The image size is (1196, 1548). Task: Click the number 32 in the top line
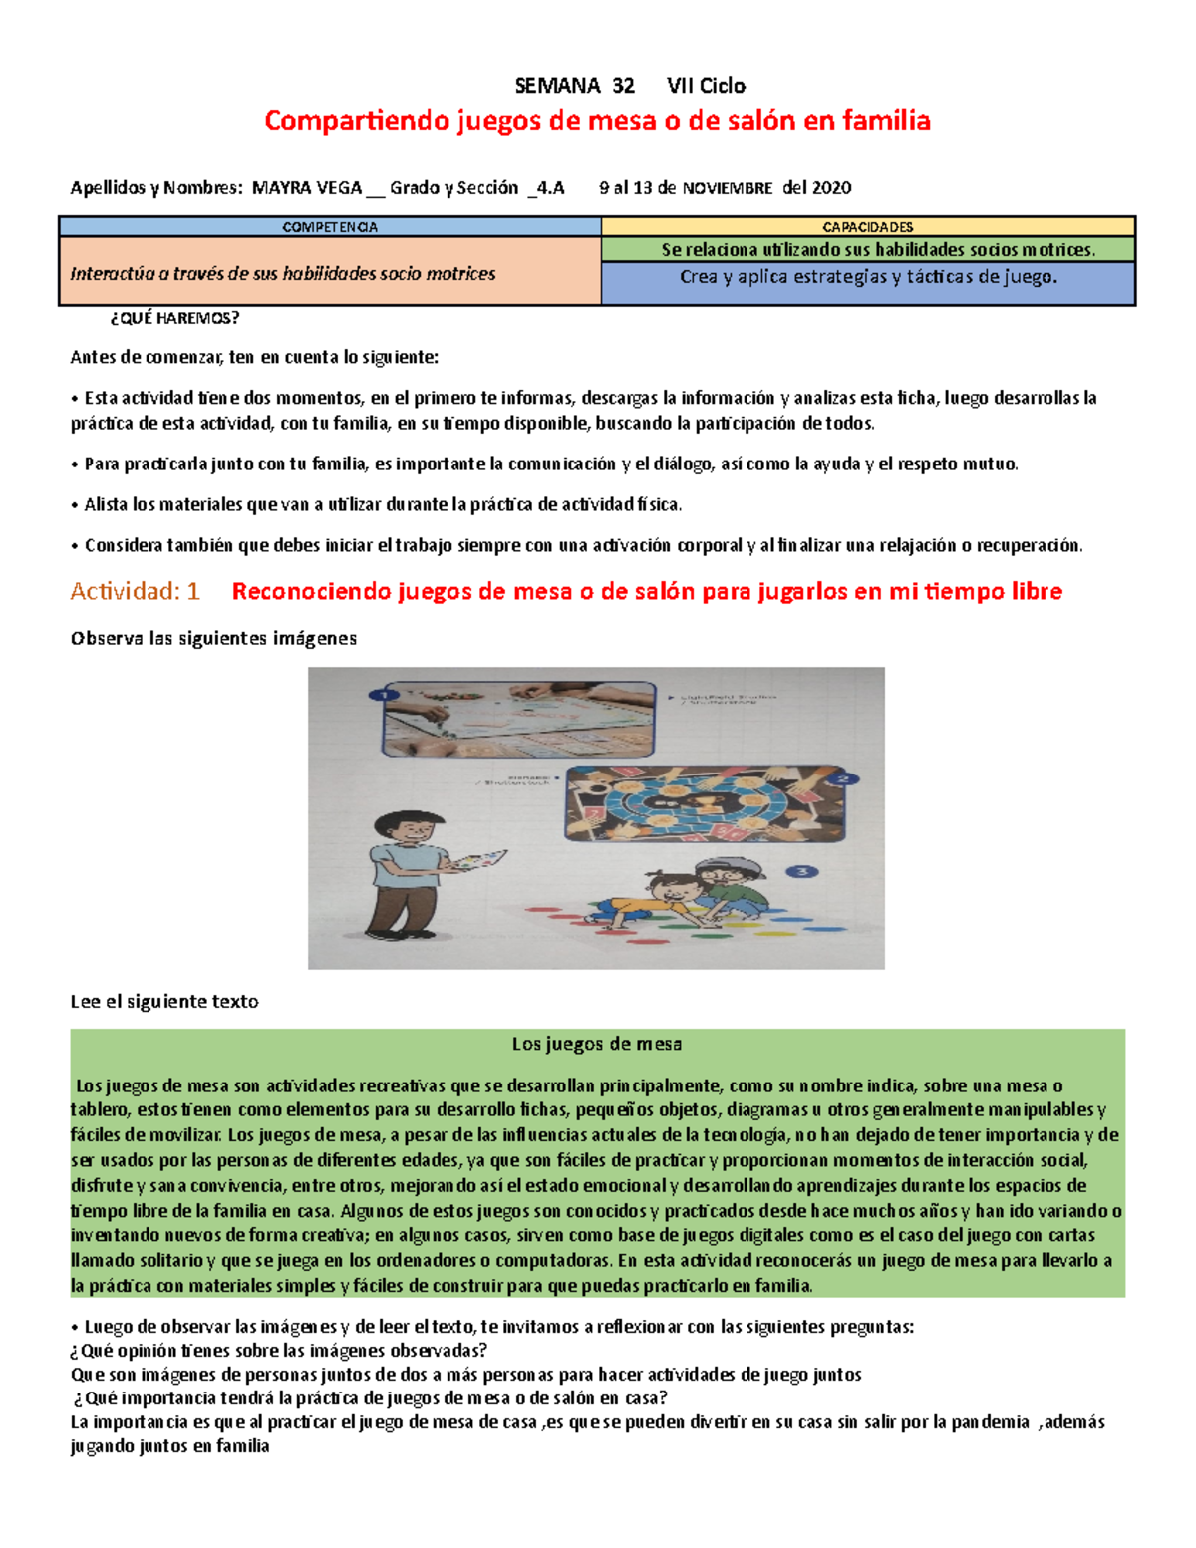(623, 86)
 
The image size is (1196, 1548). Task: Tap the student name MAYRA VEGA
(307, 188)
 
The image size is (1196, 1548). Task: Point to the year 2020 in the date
(831, 188)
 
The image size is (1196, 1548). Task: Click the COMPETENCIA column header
(330, 227)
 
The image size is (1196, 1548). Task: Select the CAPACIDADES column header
(867, 227)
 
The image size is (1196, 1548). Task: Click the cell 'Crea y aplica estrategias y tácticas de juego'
(867, 278)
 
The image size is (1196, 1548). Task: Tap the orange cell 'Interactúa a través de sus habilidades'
(283, 274)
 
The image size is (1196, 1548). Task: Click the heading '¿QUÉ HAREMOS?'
(174, 319)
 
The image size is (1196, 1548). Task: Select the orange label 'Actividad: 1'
(135, 592)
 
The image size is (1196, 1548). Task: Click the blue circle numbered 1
(382, 694)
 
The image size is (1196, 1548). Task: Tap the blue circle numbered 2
(843, 778)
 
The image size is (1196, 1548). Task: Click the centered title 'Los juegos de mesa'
(596, 1045)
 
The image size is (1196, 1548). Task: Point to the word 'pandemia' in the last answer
(990, 1422)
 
